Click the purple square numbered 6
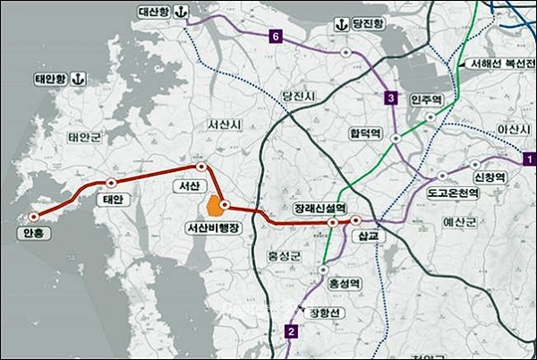tap(276, 37)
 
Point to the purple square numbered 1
tap(529, 159)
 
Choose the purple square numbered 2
tap(290, 332)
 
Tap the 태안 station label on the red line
tap(113, 199)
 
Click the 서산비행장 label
tap(213, 229)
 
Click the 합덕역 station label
tap(365, 133)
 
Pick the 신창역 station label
tap(490, 176)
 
